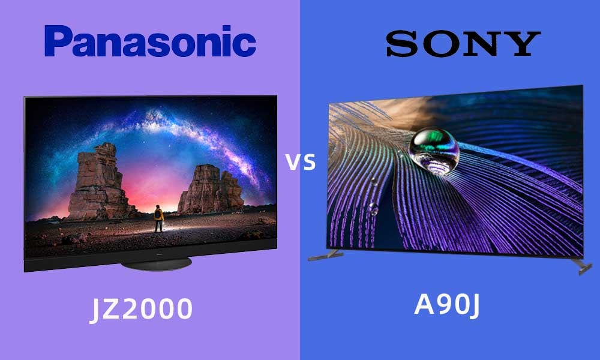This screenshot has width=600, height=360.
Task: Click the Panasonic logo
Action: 150,41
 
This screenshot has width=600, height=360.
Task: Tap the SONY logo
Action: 463,44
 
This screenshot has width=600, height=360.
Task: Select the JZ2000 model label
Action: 141,310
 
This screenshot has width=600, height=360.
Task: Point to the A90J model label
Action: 446,305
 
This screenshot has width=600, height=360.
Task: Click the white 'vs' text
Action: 301,162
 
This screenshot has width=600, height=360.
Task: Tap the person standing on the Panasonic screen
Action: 158,218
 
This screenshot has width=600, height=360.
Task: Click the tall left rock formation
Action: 99,182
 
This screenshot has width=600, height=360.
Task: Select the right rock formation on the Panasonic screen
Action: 211,190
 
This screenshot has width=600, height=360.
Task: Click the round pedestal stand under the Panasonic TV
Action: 156,263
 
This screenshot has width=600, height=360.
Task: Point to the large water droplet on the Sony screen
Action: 434,151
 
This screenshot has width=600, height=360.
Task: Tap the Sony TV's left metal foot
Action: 325,255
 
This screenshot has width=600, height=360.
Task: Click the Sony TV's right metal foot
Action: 581,266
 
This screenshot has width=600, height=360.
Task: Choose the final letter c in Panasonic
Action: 245,46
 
